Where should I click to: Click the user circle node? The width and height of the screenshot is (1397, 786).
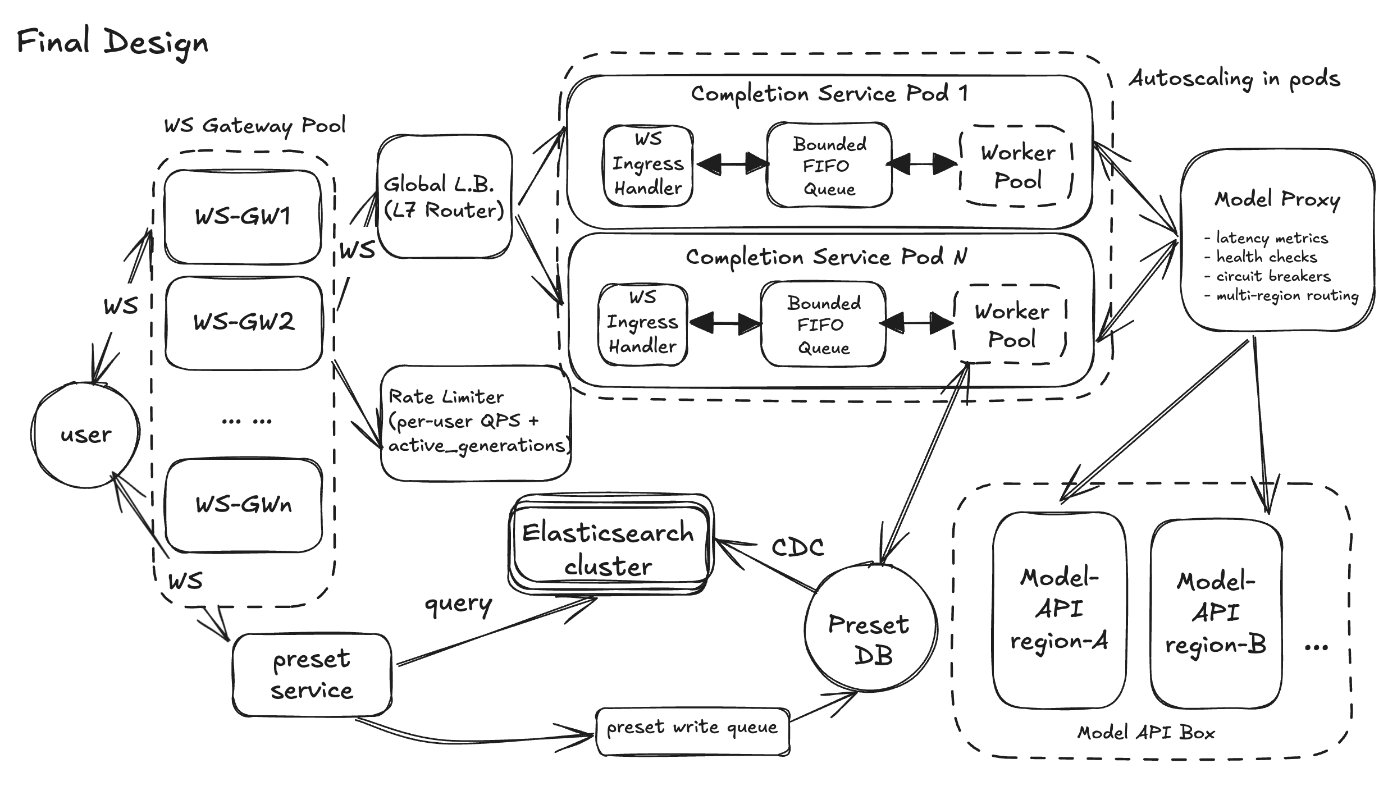[85, 434]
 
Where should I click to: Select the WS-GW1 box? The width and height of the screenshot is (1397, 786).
[243, 217]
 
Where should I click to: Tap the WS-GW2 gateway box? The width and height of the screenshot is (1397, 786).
[244, 322]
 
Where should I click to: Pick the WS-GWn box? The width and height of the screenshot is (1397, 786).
[244, 505]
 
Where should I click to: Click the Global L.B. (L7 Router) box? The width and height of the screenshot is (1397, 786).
[444, 197]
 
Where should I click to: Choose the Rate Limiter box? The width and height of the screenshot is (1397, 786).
[476, 422]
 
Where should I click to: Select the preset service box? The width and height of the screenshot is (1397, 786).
[312, 674]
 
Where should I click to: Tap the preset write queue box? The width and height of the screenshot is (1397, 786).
[692, 729]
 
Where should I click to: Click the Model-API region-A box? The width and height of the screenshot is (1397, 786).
[1059, 610]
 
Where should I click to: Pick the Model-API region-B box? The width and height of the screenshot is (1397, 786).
[1216, 613]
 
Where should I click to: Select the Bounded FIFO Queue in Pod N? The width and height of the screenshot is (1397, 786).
[823, 325]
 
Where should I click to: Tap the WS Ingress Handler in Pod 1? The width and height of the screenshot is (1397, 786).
[648, 164]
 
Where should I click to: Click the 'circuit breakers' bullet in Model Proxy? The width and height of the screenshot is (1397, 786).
[1272, 276]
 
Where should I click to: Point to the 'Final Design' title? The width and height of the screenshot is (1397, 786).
[112, 43]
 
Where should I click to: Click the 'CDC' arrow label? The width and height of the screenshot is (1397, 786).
[797, 547]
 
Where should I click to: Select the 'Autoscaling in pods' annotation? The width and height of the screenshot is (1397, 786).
[1234, 79]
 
